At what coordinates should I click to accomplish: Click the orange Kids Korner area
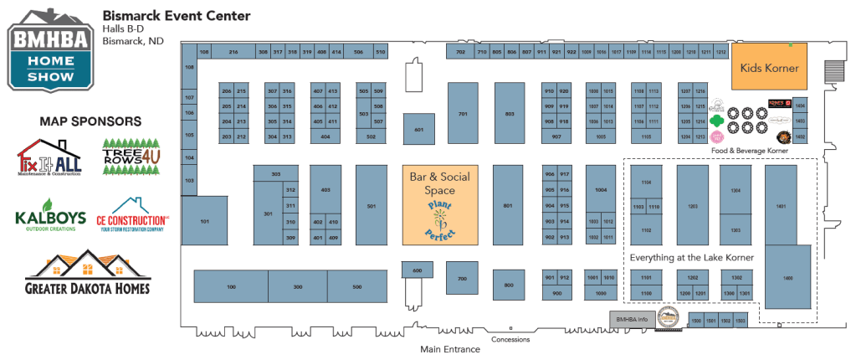[769, 67]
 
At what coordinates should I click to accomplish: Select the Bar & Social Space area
[439, 203]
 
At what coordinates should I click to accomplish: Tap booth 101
[205, 222]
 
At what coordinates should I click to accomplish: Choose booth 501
[371, 206]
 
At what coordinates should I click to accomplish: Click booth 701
[463, 114]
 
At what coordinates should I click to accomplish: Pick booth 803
[509, 114]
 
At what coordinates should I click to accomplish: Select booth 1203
[692, 204]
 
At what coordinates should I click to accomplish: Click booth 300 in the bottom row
[297, 286]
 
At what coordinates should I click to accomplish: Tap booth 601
[419, 130]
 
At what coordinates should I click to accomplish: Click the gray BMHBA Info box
[632, 319]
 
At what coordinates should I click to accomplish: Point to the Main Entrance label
[450, 349]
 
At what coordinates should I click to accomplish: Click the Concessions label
[510, 339]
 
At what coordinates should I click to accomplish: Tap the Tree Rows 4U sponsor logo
[131, 157]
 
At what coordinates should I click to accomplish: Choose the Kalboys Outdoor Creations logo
[50, 214]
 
